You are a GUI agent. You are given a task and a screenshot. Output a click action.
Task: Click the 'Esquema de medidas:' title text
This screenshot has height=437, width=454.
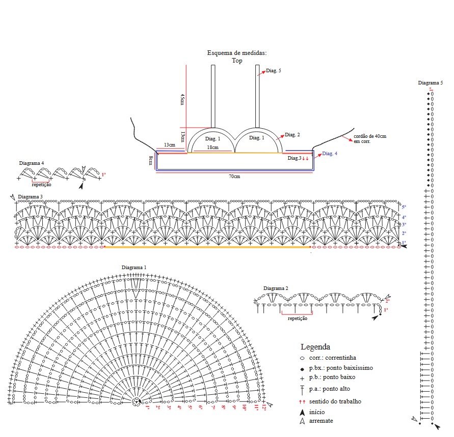click(x=237, y=53)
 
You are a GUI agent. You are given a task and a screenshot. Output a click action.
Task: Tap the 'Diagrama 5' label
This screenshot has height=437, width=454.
click(x=431, y=83)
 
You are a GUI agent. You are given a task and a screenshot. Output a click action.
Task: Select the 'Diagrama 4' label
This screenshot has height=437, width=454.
click(x=32, y=163)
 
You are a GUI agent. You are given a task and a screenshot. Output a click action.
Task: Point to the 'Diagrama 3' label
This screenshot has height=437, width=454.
click(x=30, y=196)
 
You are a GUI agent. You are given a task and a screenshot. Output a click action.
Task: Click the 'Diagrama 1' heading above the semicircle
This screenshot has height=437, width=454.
click(x=134, y=268)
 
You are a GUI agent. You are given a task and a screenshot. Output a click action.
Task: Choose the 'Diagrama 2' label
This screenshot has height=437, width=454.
click(x=276, y=288)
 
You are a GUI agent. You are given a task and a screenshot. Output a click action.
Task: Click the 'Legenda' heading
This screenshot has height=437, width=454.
click(x=315, y=347)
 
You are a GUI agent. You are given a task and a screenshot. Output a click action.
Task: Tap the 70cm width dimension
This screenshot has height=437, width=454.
click(x=235, y=177)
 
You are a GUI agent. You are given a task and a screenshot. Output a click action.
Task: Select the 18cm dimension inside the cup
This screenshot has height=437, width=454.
click(x=212, y=148)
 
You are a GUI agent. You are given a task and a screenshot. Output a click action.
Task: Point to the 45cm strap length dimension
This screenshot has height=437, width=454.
click(x=182, y=99)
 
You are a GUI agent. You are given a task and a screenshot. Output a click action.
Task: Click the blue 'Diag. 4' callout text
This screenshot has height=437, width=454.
click(x=330, y=154)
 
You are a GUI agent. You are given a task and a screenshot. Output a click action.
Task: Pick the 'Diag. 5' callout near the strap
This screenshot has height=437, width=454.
click(x=274, y=71)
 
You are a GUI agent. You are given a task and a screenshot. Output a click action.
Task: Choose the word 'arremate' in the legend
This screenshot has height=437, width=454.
click(x=321, y=421)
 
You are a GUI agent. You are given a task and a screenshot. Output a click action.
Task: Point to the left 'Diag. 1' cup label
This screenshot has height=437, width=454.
click(x=212, y=138)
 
